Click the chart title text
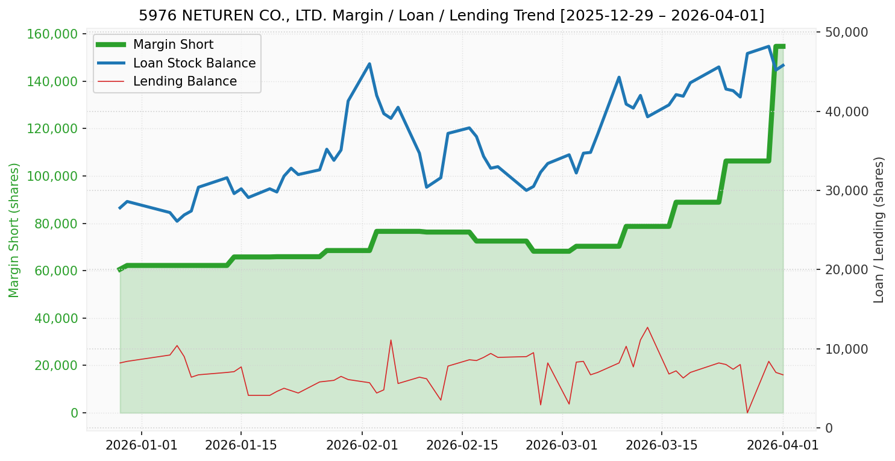451,15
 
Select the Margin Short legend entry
173,45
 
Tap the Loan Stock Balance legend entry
194,63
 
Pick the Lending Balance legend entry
184,81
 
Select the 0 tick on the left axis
75,413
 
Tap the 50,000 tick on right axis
842,32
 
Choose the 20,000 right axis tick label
842,270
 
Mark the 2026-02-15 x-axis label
462,445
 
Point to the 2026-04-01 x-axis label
783,445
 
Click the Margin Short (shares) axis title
14,230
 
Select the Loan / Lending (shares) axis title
879,230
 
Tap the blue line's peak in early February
369,64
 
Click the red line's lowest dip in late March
747,412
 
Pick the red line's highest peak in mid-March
647,327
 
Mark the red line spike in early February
391,340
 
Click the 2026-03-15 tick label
662,445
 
